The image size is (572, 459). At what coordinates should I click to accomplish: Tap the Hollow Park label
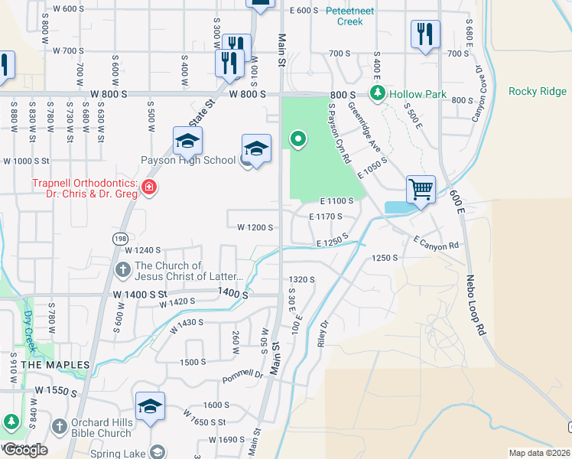pos(417,94)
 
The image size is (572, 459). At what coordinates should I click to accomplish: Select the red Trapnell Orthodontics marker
pos(150,187)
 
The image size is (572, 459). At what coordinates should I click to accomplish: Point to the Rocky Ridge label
pos(538,92)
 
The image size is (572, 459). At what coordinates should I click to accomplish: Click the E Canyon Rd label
pos(435,243)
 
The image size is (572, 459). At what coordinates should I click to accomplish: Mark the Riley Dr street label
pos(323,334)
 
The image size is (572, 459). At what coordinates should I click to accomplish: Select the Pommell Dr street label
pos(242,375)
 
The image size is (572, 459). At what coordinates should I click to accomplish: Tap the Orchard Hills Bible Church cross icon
pos(59,425)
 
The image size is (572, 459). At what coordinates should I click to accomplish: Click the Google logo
pos(25,450)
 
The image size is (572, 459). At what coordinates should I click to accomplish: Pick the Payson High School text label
pos(187,161)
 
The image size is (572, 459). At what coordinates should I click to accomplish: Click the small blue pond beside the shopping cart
pos(397,207)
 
